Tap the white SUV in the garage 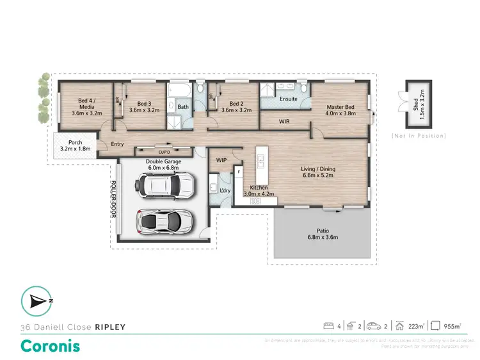pos(163,186)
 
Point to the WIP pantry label pos(222,160)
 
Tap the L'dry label pos(225,191)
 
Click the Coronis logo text pos(51,345)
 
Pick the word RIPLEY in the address pos(110,327)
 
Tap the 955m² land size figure pos(452,326)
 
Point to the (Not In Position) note pos(418,136)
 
